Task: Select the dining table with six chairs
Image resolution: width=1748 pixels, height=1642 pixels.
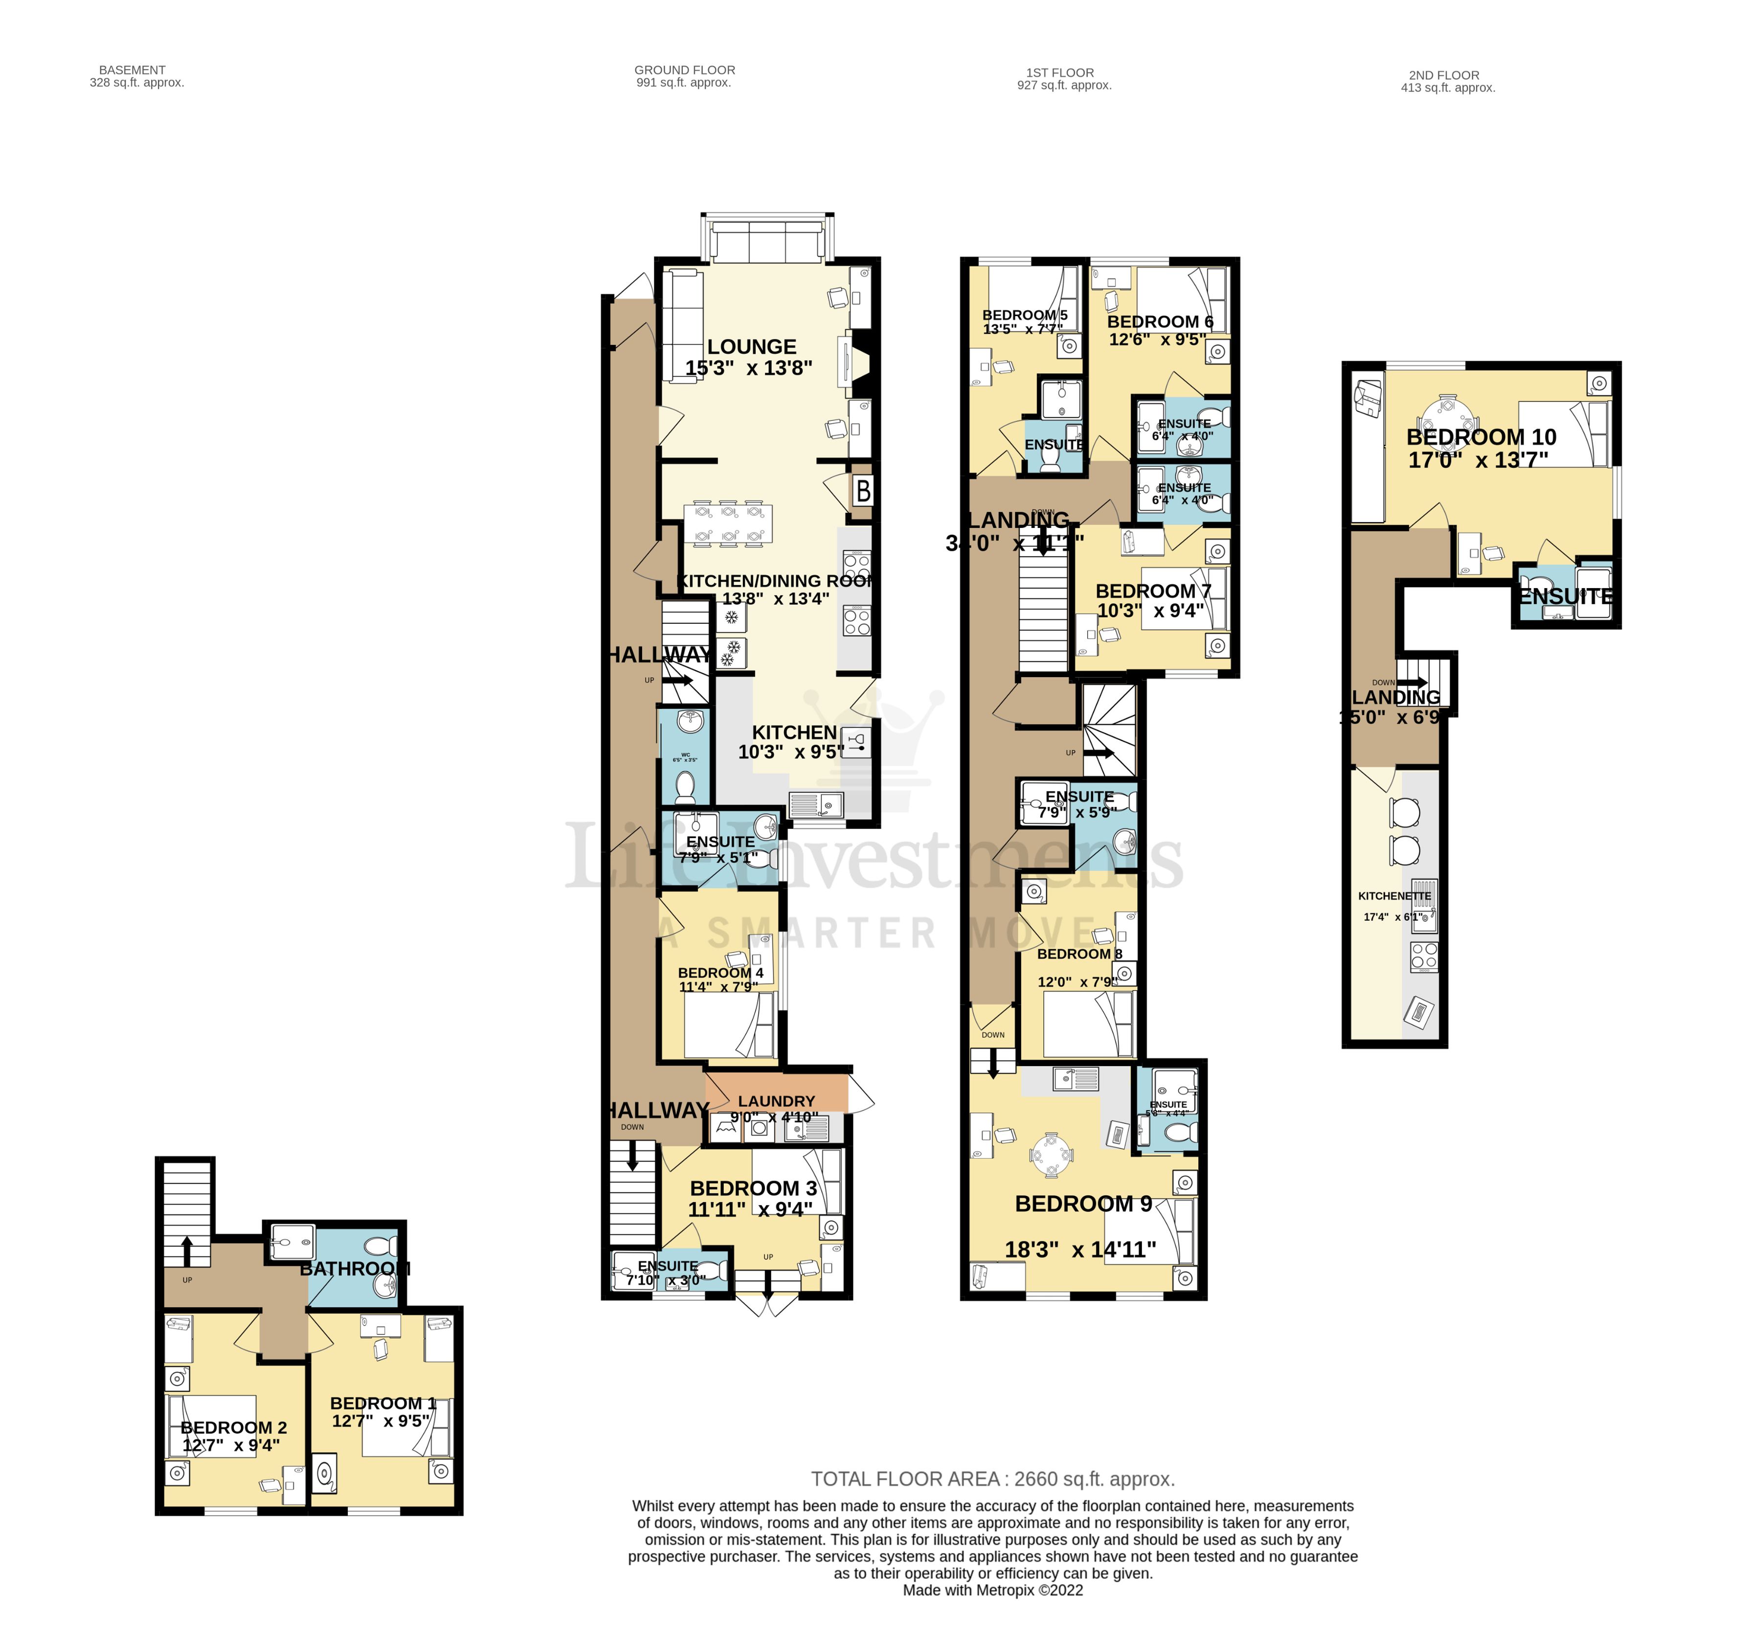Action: tap(729, 524)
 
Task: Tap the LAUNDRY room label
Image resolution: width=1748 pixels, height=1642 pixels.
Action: tap(776, 1101)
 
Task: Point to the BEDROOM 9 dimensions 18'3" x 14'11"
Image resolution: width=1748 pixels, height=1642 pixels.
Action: tap(1080, 1249)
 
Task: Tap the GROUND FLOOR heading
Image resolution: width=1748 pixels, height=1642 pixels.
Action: tap(684, 70)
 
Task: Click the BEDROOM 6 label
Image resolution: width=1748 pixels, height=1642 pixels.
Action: tap(1159, 322)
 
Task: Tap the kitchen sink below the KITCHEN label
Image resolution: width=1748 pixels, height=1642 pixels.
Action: tap(815, 803)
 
